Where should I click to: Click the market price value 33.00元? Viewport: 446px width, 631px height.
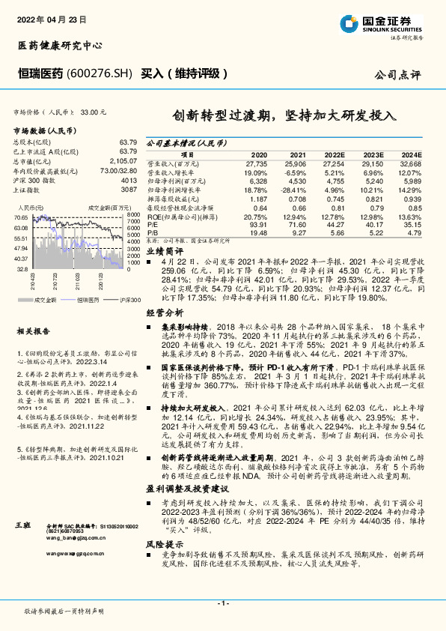[x=94, y=112]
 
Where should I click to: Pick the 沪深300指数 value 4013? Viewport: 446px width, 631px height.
[x=129, y=180]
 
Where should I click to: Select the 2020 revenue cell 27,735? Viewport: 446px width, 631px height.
[x=255, y=163]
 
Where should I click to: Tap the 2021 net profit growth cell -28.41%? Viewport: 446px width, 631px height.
[x=293, y=190]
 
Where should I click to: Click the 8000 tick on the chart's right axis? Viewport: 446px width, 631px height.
[x=133, y=216]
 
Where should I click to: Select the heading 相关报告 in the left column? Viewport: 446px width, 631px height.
[x=33, y=330]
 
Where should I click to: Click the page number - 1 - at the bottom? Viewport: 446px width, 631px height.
[x=222, y=604]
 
